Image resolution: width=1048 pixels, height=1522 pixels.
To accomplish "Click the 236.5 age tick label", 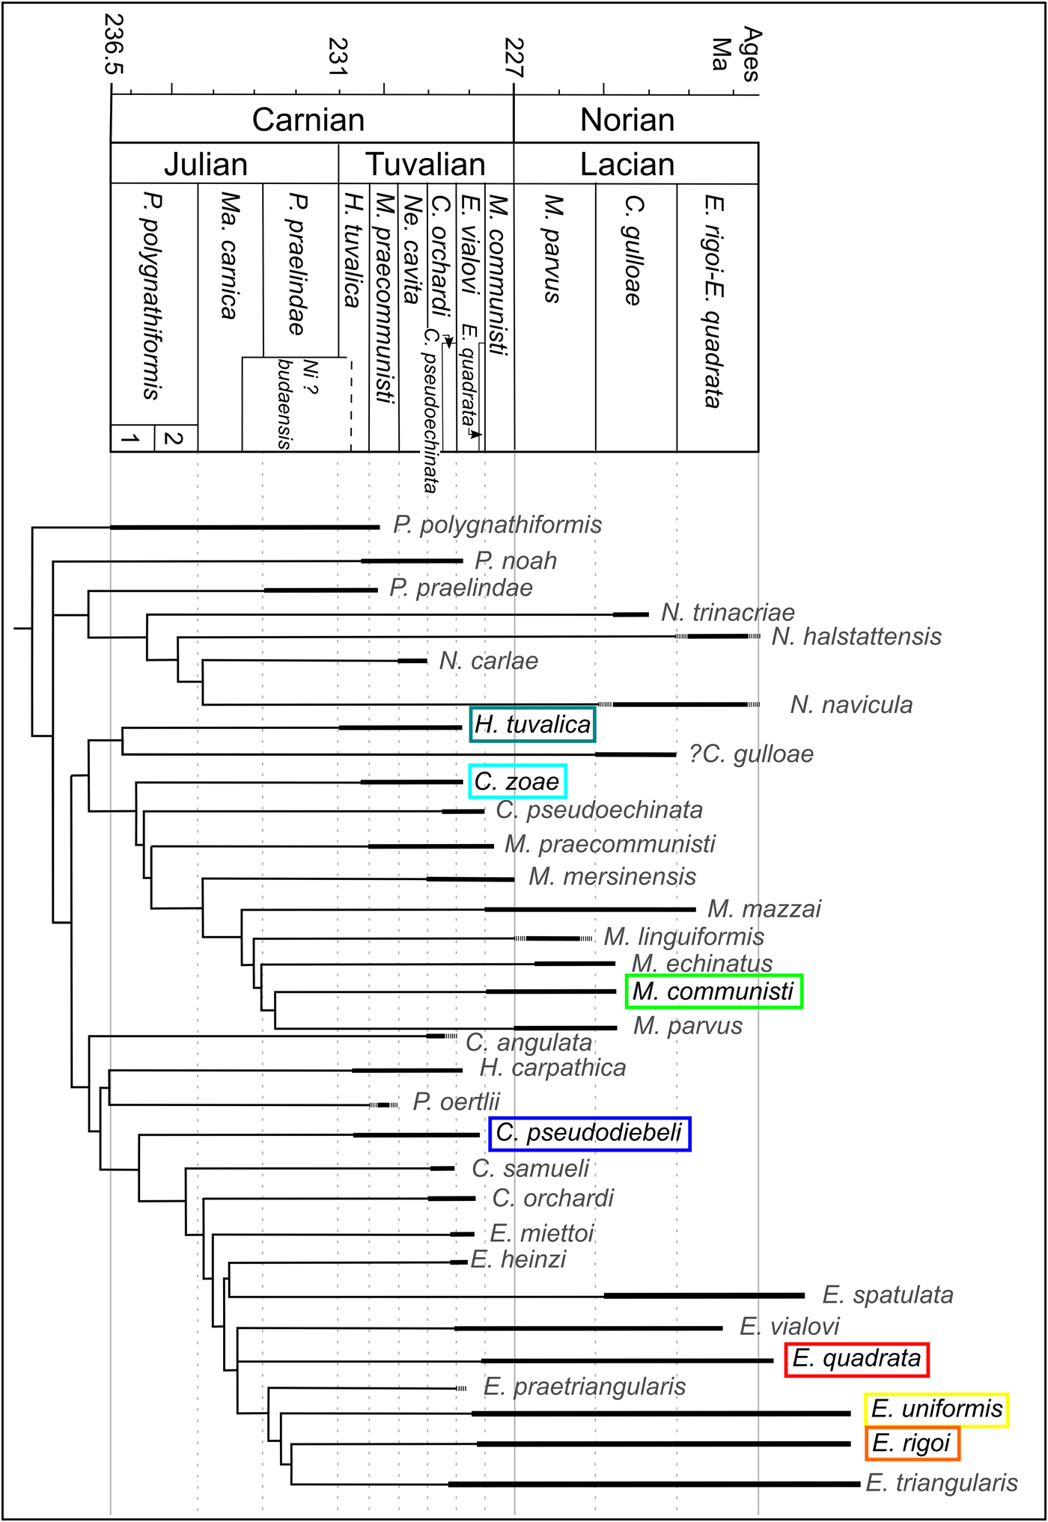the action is click(x=113, y=44).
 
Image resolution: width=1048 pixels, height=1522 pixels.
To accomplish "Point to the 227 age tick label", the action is click(x=514, y=58).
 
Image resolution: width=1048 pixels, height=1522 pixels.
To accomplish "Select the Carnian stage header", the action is click(x=308, y=120).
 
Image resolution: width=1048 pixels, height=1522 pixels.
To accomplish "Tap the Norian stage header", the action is click(x=627, y=120).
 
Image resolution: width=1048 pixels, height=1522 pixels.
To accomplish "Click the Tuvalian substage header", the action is click(x=425, y=164).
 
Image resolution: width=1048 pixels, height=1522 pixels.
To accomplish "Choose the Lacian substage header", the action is click(x=627, y=164).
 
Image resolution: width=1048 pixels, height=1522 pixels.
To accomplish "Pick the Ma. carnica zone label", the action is click(x=231, y=256).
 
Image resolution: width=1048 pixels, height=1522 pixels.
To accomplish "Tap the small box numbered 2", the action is click(x=176, y=438).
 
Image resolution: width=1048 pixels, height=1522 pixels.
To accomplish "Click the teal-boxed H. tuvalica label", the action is click(x=532, y=724).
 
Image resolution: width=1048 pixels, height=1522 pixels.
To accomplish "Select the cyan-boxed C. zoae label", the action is click(x=517, y=781).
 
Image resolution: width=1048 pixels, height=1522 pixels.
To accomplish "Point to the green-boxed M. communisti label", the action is click(x=714, y=991).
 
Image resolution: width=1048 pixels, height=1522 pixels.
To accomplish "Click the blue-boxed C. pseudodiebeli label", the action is click(x=589, y=1133).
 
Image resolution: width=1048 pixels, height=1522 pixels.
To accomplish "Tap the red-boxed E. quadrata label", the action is click(x=856, y=1358).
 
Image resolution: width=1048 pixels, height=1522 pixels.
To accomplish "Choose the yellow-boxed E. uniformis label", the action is click(x=936, y=1410).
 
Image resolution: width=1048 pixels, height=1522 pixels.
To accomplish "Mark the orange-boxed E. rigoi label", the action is click(x=912, y=1443).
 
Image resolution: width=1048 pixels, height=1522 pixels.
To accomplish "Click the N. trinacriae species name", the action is click(x=728, y=613).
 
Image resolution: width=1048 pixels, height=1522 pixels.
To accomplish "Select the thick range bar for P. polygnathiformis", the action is click(x=245, y=528).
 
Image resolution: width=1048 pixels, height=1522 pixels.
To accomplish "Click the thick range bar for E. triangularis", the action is click(x=654, y=1484).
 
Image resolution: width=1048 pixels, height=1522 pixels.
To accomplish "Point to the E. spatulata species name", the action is click(x=888, y=1295).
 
